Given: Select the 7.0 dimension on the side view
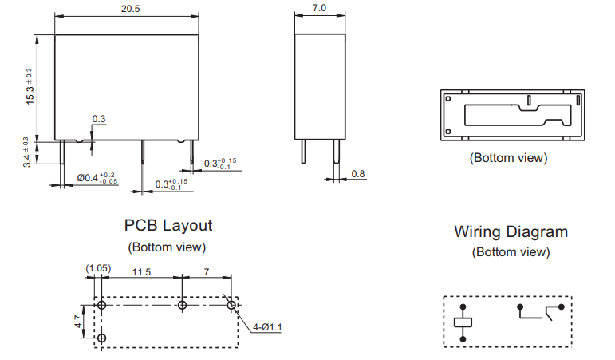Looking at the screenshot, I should [318, 8].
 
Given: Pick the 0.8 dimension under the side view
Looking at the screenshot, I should [358, 174].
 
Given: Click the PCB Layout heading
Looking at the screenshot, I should [168, 225].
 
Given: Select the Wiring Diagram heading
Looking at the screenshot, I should [511, 231].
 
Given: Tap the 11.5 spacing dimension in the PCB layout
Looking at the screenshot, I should [141, 272].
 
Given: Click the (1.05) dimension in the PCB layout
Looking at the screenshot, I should [97, 270].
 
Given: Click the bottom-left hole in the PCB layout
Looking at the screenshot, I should [102, 338].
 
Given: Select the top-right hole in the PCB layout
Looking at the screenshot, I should [231, 304].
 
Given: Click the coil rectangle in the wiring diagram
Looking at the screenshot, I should [463, 322].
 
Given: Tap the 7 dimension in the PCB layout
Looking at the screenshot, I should [207, 272].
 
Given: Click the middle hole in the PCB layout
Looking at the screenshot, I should [183, 305].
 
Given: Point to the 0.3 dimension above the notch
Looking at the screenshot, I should [99, 119].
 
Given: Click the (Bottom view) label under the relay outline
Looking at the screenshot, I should [508, 157].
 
